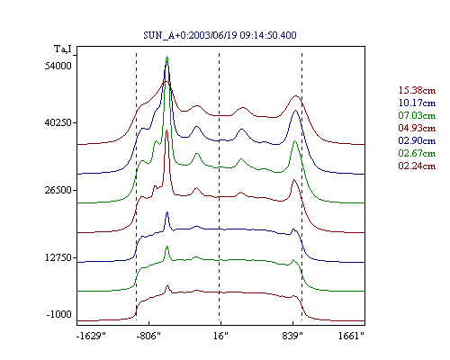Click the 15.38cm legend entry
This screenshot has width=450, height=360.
pos(417,90)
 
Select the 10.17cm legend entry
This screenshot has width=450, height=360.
pos(417,103)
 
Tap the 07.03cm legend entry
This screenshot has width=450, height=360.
pos(417,115)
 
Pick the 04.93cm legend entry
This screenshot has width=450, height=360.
pos(417,128)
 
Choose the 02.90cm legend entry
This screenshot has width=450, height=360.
pos(417,140)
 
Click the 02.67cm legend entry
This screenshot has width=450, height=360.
pos(417,153)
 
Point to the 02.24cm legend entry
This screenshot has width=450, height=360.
pos(417,166)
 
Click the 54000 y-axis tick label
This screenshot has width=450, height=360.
pos(58,66)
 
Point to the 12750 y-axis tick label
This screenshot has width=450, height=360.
pos(58,257)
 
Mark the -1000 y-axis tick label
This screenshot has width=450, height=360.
pos(59,314)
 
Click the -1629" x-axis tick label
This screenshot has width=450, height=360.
pos(91,336)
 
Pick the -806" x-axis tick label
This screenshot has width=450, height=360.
pos(148,336)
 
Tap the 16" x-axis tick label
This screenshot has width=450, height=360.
pos(220,336)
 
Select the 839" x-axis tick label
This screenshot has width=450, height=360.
pos(292,336)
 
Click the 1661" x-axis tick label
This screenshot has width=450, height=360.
pos(351,336)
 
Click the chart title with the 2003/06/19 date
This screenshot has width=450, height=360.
pos(220,35)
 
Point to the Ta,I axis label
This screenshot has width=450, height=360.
pos(63,49)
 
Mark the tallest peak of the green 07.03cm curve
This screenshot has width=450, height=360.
pos(166,57)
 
